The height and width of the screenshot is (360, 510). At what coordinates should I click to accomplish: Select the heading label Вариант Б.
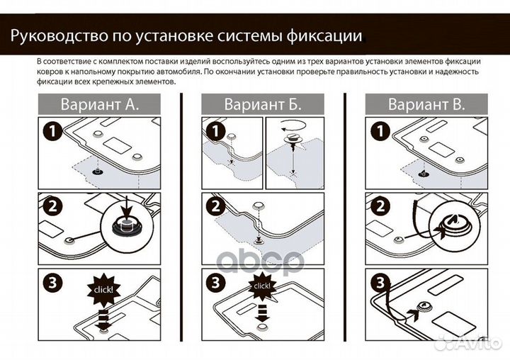click(x=263, y=104)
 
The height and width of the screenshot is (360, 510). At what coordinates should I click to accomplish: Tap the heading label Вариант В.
click(x=426, y=104)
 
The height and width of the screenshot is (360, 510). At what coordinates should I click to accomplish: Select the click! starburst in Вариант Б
click(x=261, y=286)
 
